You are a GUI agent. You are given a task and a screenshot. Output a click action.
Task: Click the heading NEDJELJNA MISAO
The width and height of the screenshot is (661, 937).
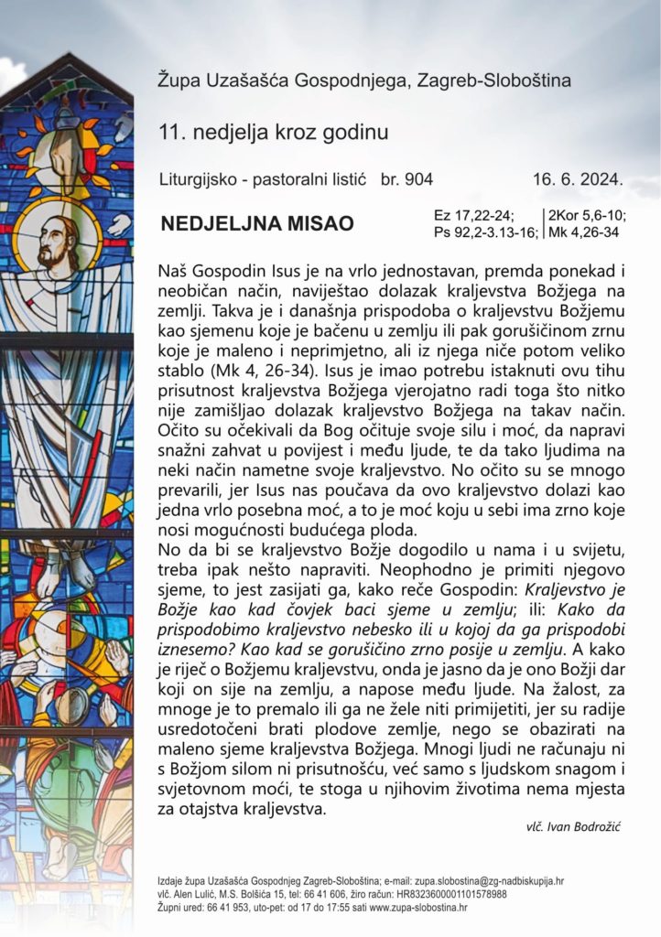(256, 224)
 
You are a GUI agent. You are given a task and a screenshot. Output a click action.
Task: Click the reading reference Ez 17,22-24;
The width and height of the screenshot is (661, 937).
(473, 216)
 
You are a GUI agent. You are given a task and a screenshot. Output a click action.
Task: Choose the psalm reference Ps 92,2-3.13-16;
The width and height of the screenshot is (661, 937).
(486, 232)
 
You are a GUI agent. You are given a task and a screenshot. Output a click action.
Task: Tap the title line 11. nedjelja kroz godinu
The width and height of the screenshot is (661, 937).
(273, 132)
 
